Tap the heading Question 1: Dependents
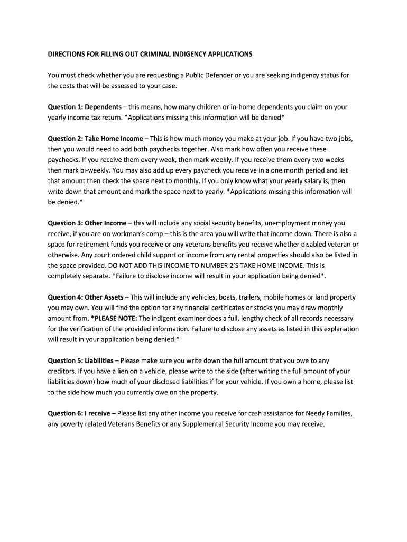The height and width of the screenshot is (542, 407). pos(85,107)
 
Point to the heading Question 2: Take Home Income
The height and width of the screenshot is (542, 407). pos(95,139)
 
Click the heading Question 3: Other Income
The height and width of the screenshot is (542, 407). pos(87,223)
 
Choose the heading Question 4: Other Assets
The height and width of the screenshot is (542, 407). pos(88,297)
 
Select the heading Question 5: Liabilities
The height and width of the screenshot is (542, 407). pos(80,361)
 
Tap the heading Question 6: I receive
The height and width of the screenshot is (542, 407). pos(79,414)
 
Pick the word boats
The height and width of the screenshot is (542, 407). pos(228,297)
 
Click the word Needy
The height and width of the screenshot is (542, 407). pos(313,414)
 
